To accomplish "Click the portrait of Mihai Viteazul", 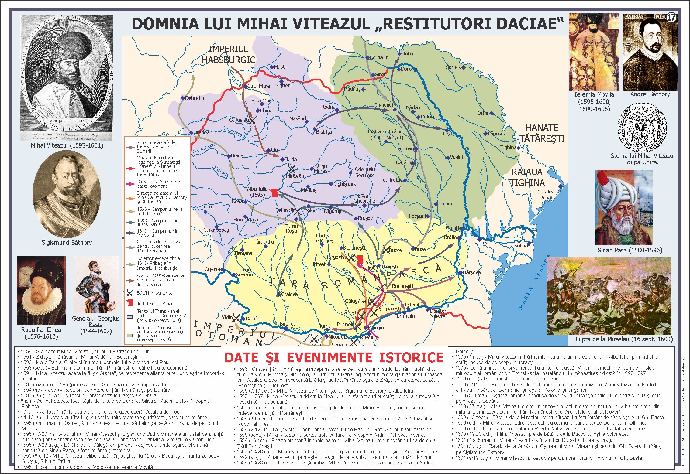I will tap(67, 77).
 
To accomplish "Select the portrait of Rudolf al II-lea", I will tap(41, 291).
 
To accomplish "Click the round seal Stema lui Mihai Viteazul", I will tap(642, 127).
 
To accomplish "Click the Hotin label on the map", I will tap(407, 53).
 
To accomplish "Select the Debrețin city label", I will tap(195, 98).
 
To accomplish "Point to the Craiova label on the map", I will tap(289, 294).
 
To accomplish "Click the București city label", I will tap(402, 286).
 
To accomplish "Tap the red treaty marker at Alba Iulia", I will tap(274, 193).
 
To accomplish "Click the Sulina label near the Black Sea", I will tap(521, 246).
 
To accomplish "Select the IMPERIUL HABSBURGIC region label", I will tap(228, 54).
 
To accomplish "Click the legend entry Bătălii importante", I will tap(154, 293).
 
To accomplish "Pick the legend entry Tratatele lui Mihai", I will tap(154, 303).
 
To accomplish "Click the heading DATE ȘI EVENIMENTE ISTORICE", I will tap(333, 357).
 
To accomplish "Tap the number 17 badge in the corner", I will tap(671, 18).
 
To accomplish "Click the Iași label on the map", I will tap(447, 133).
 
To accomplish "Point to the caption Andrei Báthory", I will tap(650, 94).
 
